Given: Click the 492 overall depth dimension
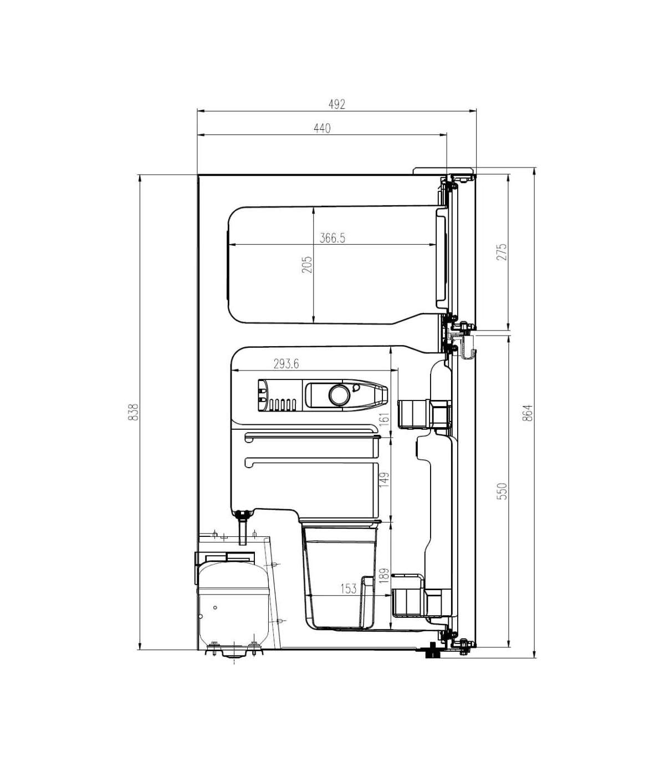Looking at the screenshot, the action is click(336, 104).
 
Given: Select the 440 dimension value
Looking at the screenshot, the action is click(322, 128).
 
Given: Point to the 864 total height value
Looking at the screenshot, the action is click(528, 413).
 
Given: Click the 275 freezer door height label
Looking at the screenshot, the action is click(502, 252).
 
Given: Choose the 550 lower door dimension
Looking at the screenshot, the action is click(502, 491).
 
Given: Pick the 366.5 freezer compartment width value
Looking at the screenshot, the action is click(332, 238).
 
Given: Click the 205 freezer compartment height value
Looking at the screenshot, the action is click(307, 265).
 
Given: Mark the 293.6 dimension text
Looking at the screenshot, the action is click(286, 364).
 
